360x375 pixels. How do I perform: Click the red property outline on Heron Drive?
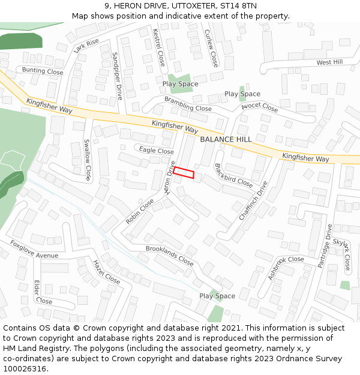[184, 172]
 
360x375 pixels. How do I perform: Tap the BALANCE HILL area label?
[226, 139]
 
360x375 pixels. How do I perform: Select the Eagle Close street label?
[156, 151]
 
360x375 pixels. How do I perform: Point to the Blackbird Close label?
[233, 174]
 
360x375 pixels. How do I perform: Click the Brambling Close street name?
[188, 104]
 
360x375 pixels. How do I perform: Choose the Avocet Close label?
[259, 109]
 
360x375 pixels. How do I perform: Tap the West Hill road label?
[329, 62]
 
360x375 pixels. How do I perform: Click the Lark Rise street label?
[86, 46]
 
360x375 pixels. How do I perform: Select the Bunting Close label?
[43, 71]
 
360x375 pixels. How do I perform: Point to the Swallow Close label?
[88, 160]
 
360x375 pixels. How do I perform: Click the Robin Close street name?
[140, 212]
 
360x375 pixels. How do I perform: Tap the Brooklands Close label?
[170, 256]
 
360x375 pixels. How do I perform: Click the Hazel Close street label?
[106, 272]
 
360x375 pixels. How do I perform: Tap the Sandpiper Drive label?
[117, 76]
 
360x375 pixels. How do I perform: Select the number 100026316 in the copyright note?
[25, 368]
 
